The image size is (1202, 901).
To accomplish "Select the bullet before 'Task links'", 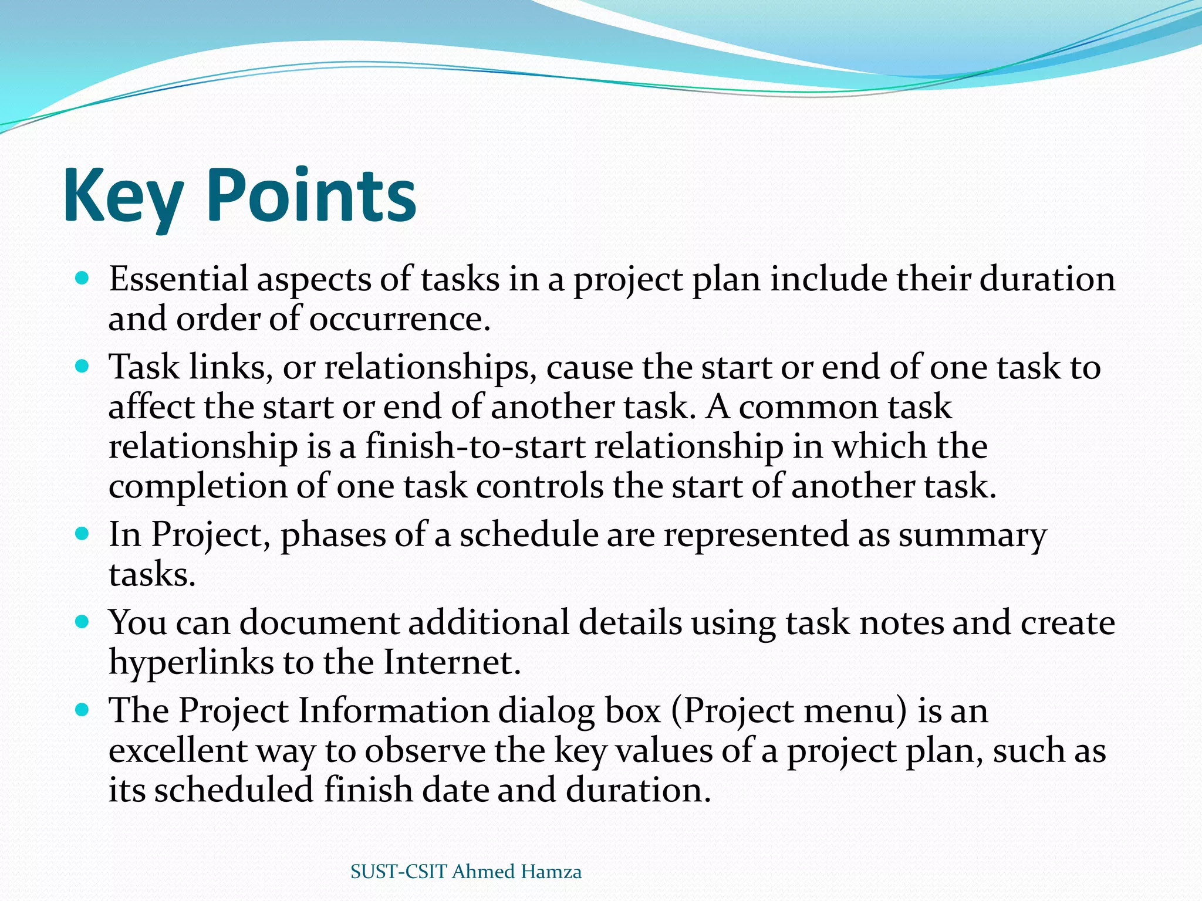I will (82, 367).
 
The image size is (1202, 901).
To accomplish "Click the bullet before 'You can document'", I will (82, 622).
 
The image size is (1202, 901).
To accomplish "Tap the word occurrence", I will (399, 320).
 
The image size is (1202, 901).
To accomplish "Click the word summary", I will (972, 536).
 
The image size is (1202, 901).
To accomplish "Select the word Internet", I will (452, 663).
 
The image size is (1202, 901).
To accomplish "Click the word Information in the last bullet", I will (393, 712).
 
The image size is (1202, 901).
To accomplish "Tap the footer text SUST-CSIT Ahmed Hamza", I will (466, 872).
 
